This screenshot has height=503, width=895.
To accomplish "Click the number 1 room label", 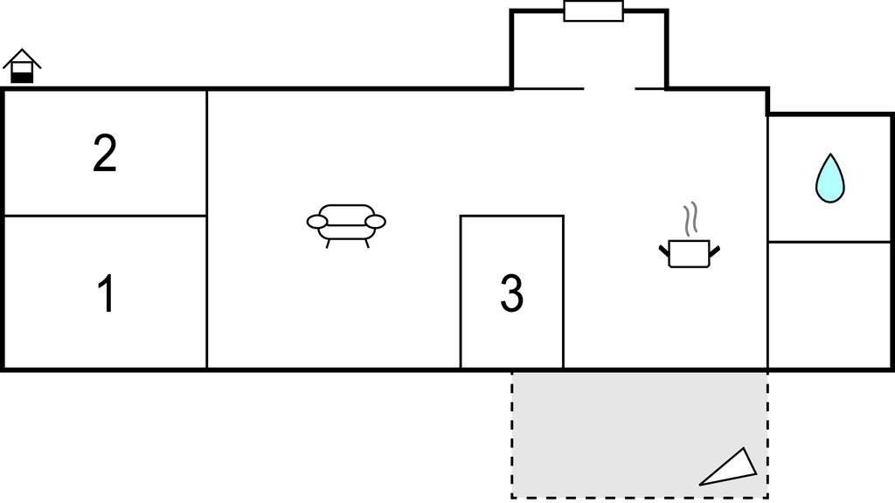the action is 107,293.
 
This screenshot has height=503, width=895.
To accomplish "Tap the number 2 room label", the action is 105,153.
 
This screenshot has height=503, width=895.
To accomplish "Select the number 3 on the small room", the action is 511,293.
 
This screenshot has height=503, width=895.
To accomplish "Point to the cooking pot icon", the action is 689,254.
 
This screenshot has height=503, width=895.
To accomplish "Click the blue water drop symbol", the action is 830,178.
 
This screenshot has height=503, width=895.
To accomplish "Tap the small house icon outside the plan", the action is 22,66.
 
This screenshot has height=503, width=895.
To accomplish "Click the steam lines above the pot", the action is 690,219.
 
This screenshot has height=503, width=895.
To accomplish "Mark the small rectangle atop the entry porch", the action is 593,11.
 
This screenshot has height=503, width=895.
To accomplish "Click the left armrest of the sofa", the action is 316,222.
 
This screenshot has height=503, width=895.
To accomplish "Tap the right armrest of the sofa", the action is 376,222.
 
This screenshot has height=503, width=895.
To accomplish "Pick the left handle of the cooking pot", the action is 664,251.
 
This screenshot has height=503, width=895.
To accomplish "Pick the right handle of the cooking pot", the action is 715,251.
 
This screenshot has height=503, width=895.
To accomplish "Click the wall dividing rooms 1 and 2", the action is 105,217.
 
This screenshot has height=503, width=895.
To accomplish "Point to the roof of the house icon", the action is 22,58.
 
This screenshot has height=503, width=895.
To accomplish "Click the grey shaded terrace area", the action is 639,435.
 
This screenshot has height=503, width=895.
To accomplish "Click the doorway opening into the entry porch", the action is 609,89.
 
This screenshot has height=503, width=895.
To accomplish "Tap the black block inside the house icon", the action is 22,78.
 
